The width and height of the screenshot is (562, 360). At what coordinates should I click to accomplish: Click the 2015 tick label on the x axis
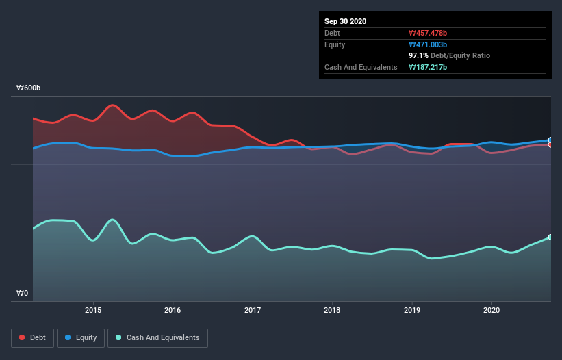point(93,310)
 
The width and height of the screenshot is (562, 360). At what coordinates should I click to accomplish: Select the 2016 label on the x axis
point(173,310)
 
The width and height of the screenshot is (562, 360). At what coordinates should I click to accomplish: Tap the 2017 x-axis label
point(253,310)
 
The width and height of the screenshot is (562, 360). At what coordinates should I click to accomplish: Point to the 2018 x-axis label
point(332,310)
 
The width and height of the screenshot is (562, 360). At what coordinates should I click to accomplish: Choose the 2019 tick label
point(412,310)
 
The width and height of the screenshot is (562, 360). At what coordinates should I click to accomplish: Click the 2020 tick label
point(491,310)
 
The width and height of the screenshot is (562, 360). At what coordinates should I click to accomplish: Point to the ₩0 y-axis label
point(23,294)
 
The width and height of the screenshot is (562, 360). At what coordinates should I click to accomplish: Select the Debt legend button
point(32,338)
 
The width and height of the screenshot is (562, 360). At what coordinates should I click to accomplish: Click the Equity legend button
point(81,338)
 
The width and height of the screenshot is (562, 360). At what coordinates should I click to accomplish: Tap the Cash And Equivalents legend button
point(157,338)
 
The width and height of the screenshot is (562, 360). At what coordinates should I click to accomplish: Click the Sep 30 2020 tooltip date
point(346,21)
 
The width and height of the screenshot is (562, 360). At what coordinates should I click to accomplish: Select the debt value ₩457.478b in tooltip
point(428,33)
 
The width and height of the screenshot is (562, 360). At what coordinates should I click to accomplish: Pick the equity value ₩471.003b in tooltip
point(428,44)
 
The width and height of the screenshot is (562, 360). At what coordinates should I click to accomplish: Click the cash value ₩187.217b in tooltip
point(428,67)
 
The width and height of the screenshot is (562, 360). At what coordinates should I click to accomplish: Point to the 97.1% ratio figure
point(418,55)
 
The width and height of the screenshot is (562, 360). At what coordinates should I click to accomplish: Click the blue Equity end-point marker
point(550,140)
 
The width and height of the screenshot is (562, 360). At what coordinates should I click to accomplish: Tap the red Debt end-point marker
point(550,144)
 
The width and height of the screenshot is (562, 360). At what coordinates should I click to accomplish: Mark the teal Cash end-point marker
point(550,237)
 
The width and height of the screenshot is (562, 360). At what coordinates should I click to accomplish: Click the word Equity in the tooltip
point(335,44)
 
